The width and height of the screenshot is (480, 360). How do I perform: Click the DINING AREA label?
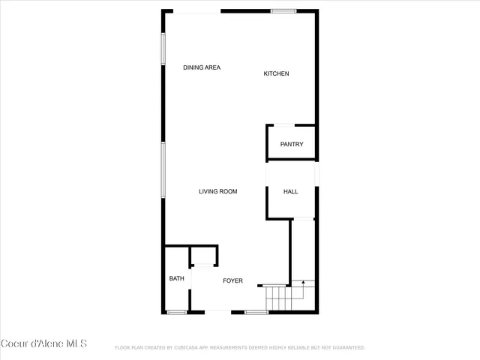click(x=202, y=67)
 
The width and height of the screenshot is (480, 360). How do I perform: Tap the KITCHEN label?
click(x=276, y=73)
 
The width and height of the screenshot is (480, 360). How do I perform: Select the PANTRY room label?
click(x=292, y=144)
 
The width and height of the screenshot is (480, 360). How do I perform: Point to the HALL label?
click(x=290, y=191)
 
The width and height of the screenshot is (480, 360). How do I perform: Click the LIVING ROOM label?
click(x=217, y=191)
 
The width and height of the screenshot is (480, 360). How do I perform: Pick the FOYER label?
click(x=232, y=280)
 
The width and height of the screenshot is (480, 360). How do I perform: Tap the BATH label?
click(x=176, y=278)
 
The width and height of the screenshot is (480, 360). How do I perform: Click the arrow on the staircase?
click(x=302, y=283)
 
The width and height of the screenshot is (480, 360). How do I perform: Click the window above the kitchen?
click(x=283, y=10)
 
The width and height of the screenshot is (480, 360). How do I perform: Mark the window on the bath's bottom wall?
click(x=177, y=312)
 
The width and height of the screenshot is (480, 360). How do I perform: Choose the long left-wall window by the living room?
click(x=163, y=170)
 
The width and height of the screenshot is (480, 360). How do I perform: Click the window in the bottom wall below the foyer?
click(x=256, y=312)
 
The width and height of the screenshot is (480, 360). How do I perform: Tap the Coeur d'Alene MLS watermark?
click(x=44, y=343)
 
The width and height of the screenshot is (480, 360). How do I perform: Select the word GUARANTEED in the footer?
click(x=347, y=348)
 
